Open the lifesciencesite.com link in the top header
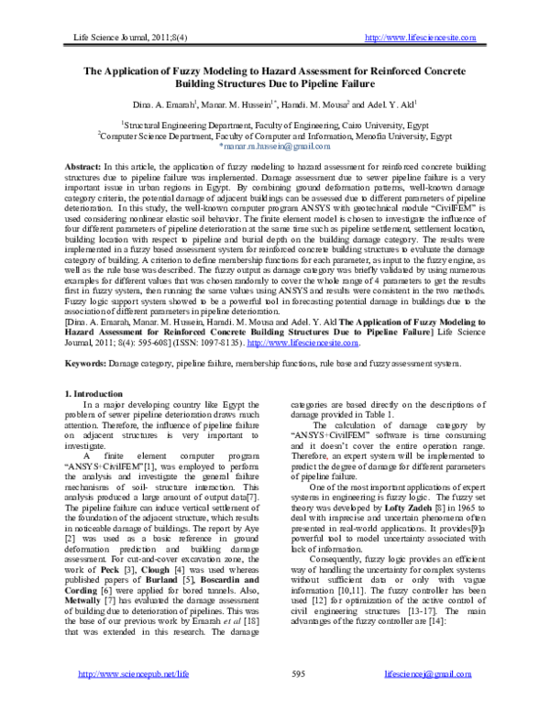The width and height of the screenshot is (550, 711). point(421,37)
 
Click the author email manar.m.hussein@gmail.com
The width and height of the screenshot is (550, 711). point(274,146)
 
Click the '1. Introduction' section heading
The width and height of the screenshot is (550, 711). point(96,393)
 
